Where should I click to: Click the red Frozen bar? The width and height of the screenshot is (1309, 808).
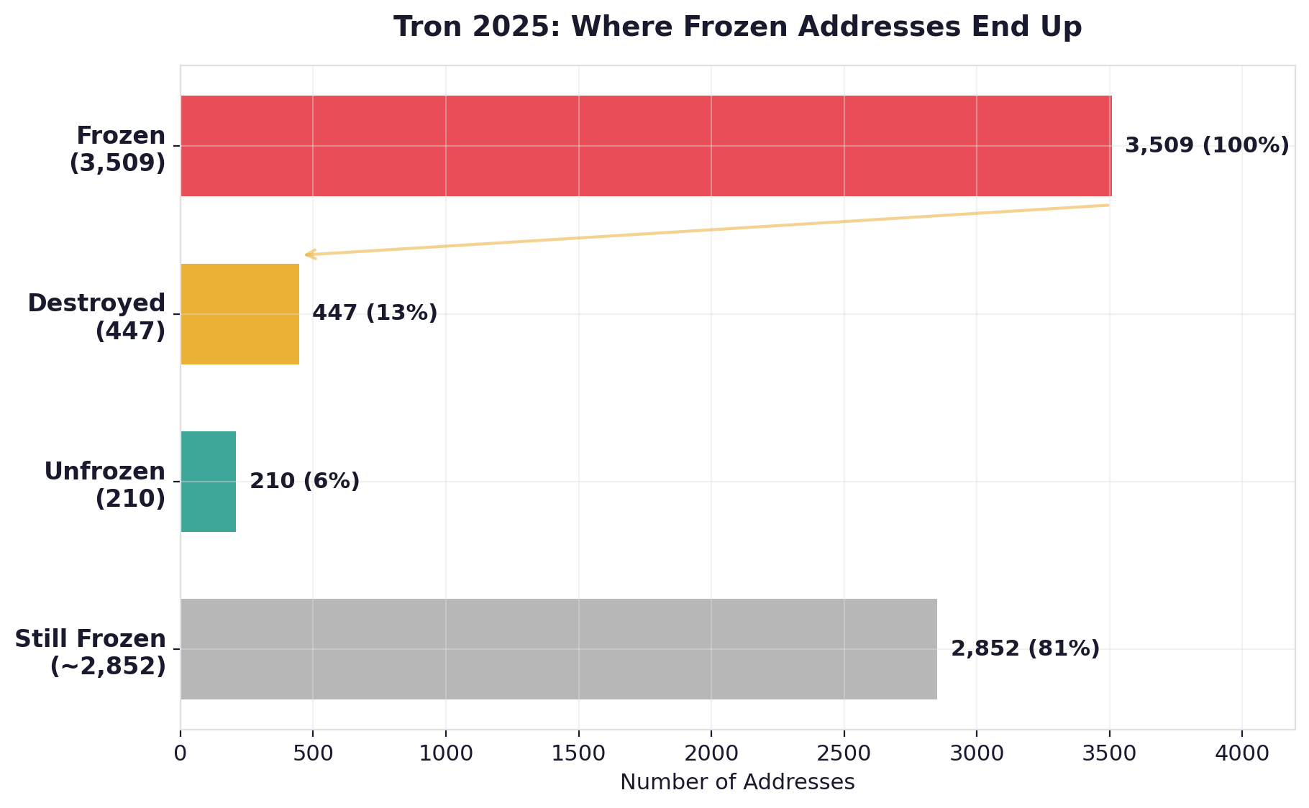click(x=646, y=146)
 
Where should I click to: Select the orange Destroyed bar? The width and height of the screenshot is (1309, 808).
click(x=240, y=314)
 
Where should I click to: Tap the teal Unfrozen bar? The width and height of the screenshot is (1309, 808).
click(x=208, y=482)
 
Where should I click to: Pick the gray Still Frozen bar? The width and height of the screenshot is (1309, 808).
click(x=558, y=649)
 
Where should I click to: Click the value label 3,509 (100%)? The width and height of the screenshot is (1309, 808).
click(x=1207, y=146)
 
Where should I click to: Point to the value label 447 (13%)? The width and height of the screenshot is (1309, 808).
click(x=375, y=313)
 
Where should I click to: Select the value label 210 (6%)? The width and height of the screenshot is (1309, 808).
click(x=304, y=482)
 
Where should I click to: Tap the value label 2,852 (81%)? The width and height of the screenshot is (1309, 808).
click(x=1025, y=649)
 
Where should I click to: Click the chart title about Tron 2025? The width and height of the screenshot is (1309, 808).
click(x=737, y=27)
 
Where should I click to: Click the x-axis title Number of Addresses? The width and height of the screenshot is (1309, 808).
click(x=737, y=782)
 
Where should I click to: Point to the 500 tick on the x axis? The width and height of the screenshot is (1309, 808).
click(x=313, y=753)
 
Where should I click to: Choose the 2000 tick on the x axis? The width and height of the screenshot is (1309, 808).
click(x=711, y=753)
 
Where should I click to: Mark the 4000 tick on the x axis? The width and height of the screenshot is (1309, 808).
click(x=1242, y=753)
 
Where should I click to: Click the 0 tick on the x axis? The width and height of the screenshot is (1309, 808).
click(x=181, y=753)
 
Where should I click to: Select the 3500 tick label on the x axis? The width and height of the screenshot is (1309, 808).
click(x=1109, y=753)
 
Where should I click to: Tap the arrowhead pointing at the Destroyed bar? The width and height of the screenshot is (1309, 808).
click(x=308, y=254)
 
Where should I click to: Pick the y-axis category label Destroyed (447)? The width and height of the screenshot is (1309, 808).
click(x=97, y=317)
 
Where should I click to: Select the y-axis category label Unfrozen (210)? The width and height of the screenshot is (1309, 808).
click(x=105, y=485)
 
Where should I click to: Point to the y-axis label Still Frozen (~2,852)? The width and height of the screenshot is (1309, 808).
click(x=91, y=652)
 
